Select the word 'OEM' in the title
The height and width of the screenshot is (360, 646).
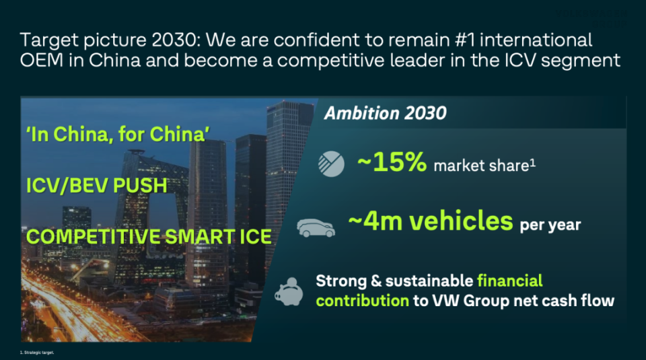tap(44, 61)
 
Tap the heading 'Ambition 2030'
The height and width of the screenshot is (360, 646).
tap(385, 112)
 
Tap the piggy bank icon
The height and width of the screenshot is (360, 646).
tap(290, 291)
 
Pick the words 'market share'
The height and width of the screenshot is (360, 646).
tap(478, 165)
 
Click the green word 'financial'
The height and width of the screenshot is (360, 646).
tap(510, 280)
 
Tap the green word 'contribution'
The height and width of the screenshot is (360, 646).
tap(362, 300)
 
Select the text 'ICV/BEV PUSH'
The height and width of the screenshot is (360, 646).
tap(96, 185)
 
